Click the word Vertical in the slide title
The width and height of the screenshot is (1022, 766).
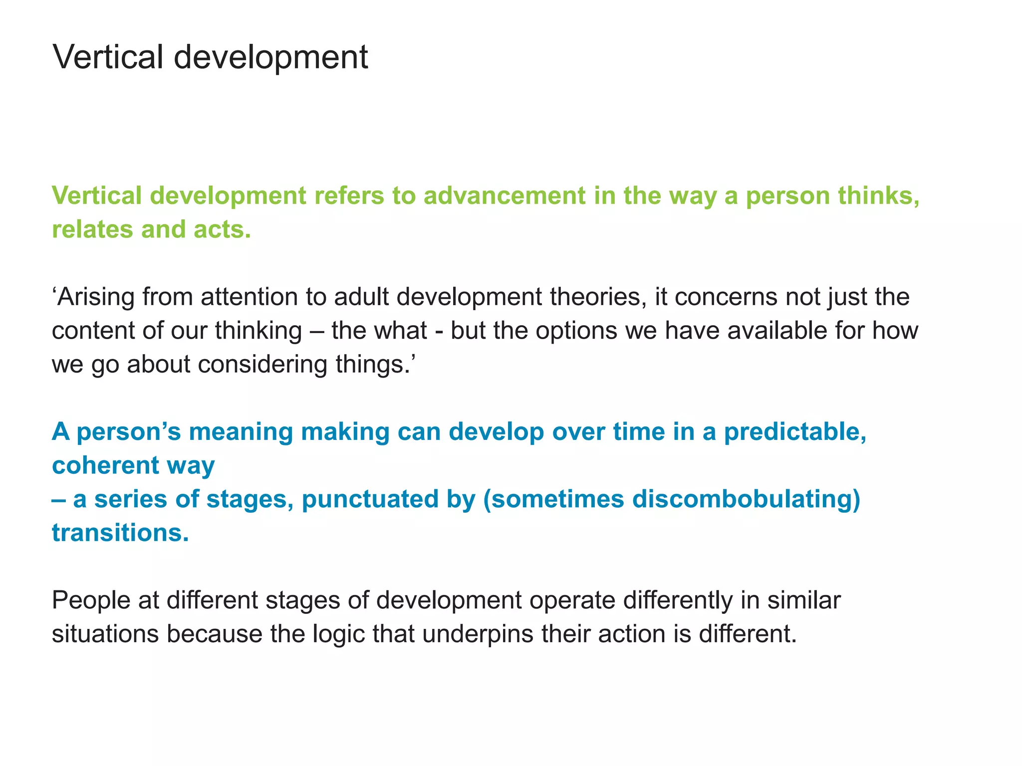click(108, 57)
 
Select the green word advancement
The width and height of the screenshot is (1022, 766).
click(504, 195)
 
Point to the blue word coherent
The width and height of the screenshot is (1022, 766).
click(105, 465)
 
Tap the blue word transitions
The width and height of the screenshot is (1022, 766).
click(120, 533)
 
